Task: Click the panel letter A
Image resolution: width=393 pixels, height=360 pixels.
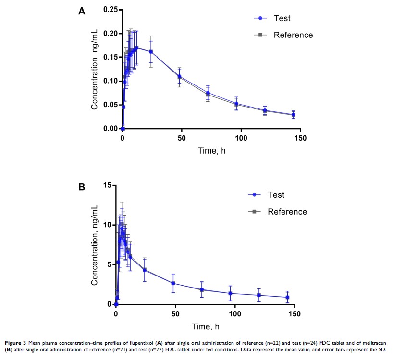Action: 82,12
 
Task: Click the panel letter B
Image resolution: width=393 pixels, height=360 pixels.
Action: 82,187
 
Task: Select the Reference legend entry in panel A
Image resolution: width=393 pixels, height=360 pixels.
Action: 293,35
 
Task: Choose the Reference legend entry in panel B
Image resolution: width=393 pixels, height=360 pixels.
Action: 287,212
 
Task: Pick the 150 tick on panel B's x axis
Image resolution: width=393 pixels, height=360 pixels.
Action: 295,314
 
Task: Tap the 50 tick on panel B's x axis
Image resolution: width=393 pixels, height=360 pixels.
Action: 175,314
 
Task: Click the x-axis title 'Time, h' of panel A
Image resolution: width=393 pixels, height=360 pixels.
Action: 212,151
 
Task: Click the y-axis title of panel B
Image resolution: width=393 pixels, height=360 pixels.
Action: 95,244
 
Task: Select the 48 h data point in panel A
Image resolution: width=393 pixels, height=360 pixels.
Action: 179,77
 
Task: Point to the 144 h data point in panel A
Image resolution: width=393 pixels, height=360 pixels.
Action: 293,115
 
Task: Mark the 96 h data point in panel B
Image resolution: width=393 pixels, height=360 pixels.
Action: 231,293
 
